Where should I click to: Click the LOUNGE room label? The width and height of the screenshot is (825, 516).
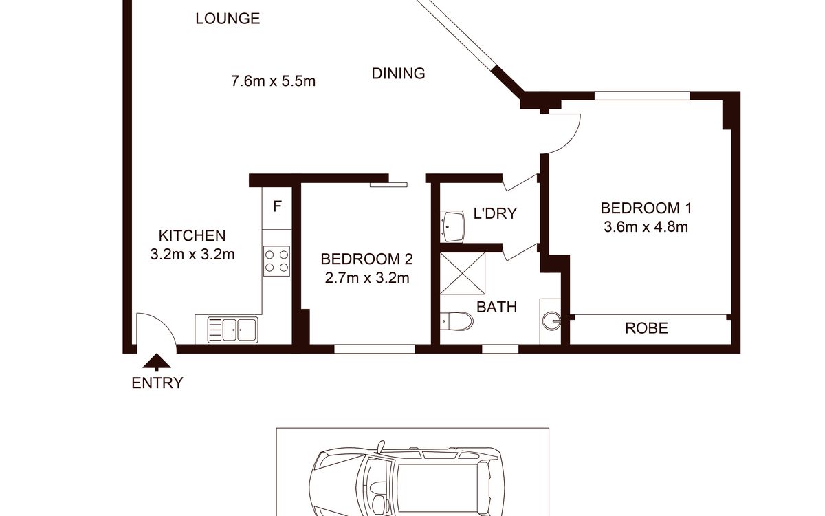[228, 19]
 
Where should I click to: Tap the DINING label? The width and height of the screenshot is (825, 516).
[398, 74]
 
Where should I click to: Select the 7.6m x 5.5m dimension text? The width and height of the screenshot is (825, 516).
[274, 81]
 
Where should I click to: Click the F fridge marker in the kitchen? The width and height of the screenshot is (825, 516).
[277, 206]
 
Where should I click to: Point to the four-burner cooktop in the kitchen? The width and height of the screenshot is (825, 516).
[276, 261]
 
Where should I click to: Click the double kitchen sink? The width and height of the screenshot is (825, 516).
[233, 329]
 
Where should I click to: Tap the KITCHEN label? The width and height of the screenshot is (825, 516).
[192, 235]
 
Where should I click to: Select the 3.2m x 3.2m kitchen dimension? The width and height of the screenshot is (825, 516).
[192, 255]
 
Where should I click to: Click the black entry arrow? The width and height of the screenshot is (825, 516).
[157, 362]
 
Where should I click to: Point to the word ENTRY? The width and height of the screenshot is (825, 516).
[157, 383]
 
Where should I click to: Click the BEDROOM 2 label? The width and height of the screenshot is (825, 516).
[366, 259]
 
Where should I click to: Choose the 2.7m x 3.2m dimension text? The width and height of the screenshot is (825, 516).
[367, 278]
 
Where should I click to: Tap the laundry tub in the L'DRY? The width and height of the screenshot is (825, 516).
[452, 226]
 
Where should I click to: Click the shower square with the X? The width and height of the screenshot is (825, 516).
[463, 273]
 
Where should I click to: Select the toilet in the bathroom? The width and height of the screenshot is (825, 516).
[456, 321]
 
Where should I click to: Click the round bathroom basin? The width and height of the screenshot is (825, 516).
[551, 321]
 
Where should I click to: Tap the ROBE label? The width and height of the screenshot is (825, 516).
[646, 328]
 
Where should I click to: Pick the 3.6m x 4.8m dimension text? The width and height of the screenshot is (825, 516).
[646, 227]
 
